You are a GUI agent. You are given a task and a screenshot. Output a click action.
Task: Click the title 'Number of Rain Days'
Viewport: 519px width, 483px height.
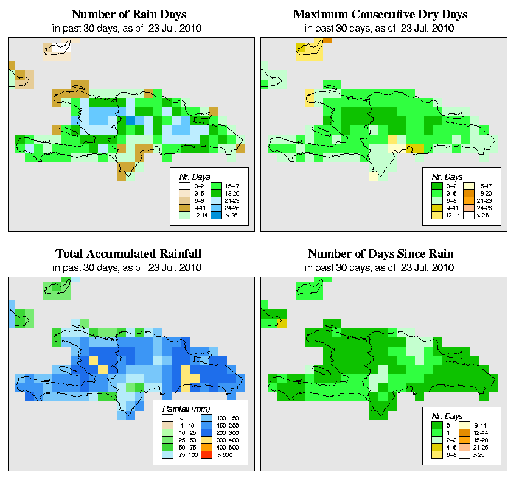click(128, 14)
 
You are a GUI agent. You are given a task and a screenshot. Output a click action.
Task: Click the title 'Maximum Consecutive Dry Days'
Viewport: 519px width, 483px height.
click(380, 14)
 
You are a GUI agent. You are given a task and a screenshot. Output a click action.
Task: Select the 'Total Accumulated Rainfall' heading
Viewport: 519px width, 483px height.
click(128, 253)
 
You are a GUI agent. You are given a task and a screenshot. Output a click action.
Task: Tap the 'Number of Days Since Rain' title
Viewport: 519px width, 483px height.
click(380, 253)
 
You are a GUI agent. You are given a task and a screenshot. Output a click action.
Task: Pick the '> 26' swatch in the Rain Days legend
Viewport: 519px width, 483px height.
click(216, 215)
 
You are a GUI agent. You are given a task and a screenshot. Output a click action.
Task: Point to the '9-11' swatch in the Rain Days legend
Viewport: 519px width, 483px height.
click(184, 207)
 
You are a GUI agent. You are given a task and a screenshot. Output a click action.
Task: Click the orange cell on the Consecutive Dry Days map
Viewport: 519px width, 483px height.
click(327, 40)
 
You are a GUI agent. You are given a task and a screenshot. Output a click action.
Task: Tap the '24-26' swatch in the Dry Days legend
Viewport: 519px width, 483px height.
click(469, 207)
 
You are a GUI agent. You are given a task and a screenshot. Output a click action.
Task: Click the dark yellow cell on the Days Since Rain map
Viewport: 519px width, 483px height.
click(282, 323)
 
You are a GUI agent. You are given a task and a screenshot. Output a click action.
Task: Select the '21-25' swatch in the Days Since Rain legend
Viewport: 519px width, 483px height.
click(469, 446)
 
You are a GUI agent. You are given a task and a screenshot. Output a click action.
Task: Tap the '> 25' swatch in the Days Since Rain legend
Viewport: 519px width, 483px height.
click(469, 454)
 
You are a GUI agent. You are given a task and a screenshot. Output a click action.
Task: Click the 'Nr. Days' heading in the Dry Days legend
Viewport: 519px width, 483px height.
click(450, 177)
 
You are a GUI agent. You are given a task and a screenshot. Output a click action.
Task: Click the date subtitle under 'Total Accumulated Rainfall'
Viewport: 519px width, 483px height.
click(128, 267)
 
